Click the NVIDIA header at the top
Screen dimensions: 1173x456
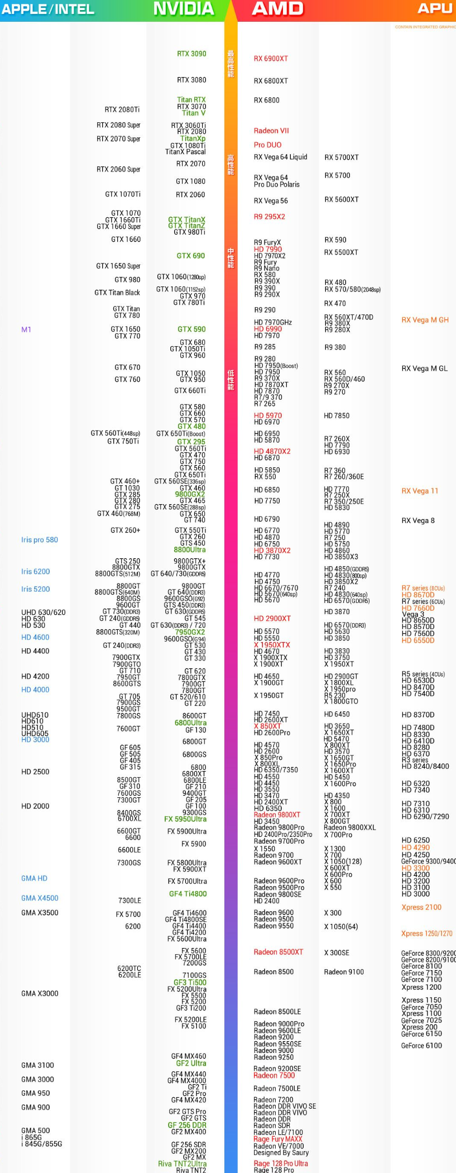pyautogui.click(x=184, y=9)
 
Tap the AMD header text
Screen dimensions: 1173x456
pyautogui.click(x=277, y=9)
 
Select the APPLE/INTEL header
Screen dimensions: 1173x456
pyautogui.click(x=48, y=9)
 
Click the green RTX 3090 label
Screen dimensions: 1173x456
pyautogui.click(x=191, y=54)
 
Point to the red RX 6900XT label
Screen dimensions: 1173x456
pyautogui.click(x=271, y=59)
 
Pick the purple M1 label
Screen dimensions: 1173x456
pyautogui.click(x=26, y=330)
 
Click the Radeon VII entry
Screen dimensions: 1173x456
pyautogui.click(x=271, y=131)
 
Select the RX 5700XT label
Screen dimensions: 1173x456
pyautogui.click(x=342, y=158)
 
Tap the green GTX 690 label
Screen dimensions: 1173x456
pyautogui.click(x=191, y=256)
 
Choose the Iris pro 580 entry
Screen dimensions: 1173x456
pyautogui.click(x=40, y=540)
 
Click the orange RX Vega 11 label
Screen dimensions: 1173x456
pyautogui.click(x=420, y=491)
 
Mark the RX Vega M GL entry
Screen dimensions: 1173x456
pyautogui.click(x=425, y=369)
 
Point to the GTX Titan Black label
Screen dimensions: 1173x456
pyautogui.click(x=117, y=293)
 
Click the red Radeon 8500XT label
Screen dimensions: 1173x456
pyautogui.click(x=279, y=952)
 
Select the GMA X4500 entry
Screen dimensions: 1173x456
pyautogui.click(x=40, y=898)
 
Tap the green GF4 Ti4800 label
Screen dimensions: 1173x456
pyautogui.click(x=188, y=894)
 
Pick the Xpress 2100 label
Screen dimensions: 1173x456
pyautogui.click(x=421, y=908)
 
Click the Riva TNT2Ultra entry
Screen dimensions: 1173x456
pyautogui.click(x=182, y=1164)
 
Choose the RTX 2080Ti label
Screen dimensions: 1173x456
pyautogui.click(x=122, y=110)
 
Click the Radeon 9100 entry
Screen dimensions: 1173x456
pyautogui.click(x=344, y=972)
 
